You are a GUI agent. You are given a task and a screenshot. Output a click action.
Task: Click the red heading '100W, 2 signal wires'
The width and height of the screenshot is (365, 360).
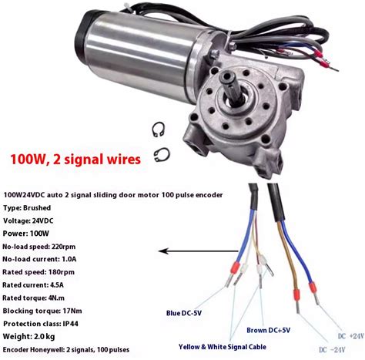75,160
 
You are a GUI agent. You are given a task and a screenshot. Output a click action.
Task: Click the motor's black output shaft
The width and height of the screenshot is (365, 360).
232,86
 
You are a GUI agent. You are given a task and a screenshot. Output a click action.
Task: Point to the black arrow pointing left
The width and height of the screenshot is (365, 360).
198,251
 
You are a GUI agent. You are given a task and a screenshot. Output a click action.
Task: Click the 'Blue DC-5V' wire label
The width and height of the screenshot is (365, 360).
184,313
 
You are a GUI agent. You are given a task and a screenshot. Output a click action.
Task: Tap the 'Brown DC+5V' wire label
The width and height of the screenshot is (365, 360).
268,330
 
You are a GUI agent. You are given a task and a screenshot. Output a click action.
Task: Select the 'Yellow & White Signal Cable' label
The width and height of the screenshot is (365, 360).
223,347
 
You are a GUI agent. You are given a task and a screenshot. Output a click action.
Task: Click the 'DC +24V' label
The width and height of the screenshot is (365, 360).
351,336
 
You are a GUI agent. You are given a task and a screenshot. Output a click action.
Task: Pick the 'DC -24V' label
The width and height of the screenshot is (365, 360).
332,350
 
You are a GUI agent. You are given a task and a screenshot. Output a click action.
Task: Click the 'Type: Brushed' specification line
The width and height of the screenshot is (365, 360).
27,208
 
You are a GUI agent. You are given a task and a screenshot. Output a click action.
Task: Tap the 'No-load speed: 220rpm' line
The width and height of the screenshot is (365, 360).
39,247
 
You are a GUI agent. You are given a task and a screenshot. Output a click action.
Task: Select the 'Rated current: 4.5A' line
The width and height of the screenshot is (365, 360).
33,285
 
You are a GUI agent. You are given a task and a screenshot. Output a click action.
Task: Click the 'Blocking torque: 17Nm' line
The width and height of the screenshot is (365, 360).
42,311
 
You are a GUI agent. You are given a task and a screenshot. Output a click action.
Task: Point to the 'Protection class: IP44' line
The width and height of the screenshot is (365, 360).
41,324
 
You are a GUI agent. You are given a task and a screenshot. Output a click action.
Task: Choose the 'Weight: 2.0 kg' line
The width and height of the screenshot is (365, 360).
28,336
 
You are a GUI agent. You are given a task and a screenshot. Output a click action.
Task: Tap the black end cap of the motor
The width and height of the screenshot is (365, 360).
82,33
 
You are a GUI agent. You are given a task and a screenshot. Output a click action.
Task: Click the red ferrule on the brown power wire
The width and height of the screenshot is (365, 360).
296,295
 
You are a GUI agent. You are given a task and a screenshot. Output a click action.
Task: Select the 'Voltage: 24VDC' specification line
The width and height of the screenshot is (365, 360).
28,220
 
